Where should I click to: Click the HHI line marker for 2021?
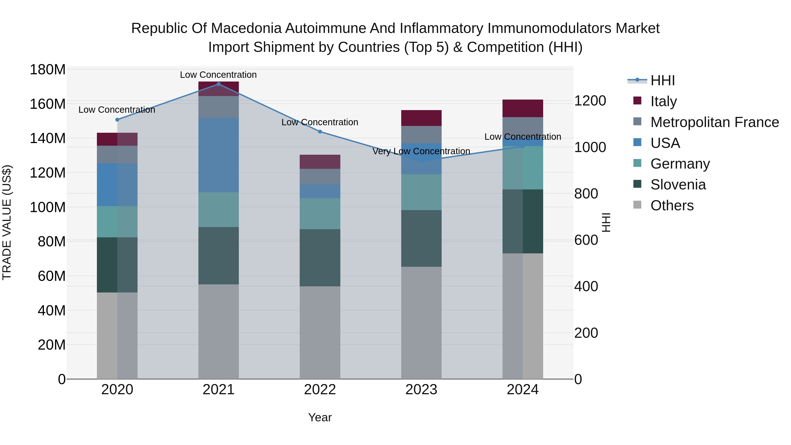coord(218,84)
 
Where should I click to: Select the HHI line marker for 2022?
coord(320,132)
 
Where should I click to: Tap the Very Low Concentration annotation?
coord(421,151)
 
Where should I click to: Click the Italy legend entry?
coord(663,101)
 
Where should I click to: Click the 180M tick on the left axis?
coord(48,70)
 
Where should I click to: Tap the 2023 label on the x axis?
coord(421,390)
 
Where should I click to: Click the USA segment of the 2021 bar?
coord(218,155)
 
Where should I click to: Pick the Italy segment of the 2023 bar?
coord(421,118)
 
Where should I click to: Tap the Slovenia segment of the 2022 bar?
coord(320,258)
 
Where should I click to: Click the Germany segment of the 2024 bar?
coord(523,168)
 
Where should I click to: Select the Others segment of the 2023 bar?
coord(421,322)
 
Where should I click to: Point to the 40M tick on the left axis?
coord(51,311)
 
